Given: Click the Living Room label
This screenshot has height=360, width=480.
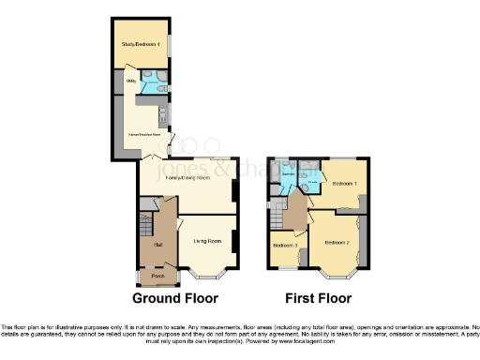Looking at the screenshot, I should (206, 242).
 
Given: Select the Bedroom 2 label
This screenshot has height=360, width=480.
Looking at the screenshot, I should (337, 243).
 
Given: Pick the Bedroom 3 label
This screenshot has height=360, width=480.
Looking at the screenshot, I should (285, 246).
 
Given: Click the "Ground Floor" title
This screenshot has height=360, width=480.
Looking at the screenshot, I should (175, 299).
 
